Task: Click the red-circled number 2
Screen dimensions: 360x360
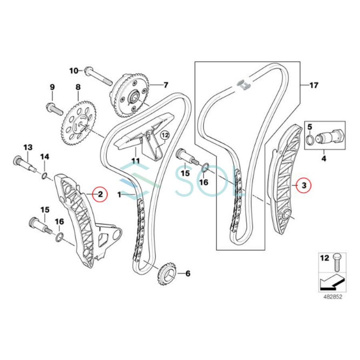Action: (x=100, y=195)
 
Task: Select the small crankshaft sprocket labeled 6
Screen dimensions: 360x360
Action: (x=168, y=274)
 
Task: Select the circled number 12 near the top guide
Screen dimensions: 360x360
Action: (x=165, y=136)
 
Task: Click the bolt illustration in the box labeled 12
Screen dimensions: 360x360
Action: (x=335, y=262)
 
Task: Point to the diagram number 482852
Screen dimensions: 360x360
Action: (x=333, y=298)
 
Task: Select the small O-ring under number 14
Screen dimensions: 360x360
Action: (x=45, y=175)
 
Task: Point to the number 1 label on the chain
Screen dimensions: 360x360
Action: (x=119, y=194)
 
